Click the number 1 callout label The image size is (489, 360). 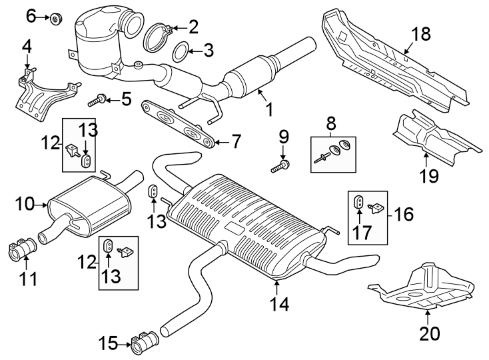270,109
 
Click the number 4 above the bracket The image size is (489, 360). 27,47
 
